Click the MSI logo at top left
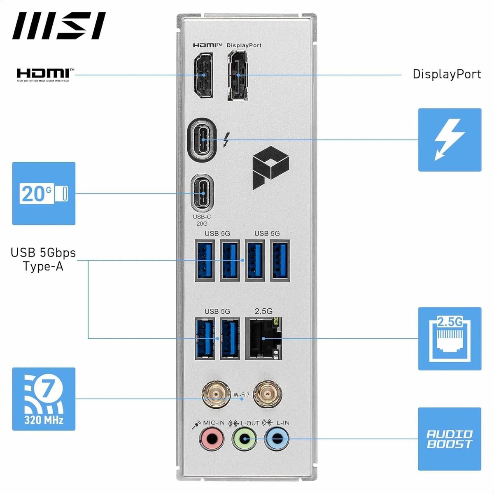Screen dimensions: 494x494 tap(58, 26)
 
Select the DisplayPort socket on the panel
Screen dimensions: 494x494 tap(238, 76)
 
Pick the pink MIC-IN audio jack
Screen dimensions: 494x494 tap(212, 439)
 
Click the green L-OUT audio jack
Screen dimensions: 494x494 tap(244, 439)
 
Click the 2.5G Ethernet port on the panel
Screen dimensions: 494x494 tap(263, 338)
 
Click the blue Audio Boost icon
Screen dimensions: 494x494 tap(450, 439)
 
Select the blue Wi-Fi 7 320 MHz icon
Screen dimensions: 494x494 tap(44, 399)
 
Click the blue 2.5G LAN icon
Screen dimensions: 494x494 tap(450, 338)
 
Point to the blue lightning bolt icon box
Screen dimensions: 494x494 tap(450, 140)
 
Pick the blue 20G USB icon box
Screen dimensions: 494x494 tap(44, 193)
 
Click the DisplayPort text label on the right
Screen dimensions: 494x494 tap(447, 74)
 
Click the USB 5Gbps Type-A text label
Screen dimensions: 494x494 tap(43, 259)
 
